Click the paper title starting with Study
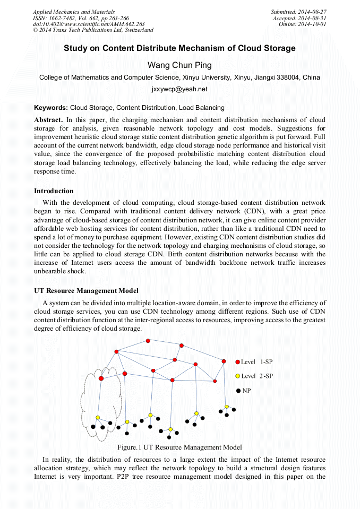[179, 48]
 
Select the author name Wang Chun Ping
[179, 65]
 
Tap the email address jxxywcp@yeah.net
[179, 89]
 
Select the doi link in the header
[89, 24]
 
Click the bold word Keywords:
[51, 107]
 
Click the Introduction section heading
[54, 191]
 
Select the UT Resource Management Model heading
[86, 291]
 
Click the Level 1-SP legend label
[257, 362]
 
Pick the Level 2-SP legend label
[257, 376]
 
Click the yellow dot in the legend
[238, 376]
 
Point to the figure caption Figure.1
[179, 447]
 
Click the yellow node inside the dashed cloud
[98, 417]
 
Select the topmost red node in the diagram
[148, 341]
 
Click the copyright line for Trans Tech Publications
[93, 30]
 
